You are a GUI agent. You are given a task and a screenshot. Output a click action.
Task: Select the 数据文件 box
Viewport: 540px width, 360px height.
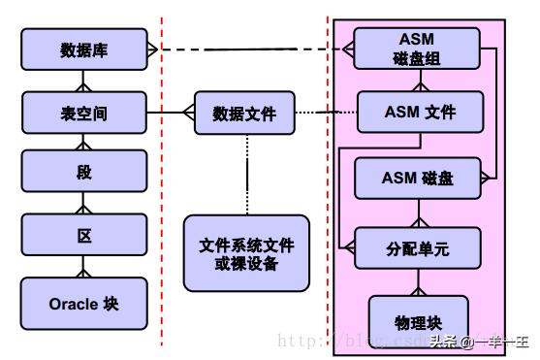[244, 114]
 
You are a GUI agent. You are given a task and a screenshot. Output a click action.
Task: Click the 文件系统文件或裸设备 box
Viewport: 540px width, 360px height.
[246, 252]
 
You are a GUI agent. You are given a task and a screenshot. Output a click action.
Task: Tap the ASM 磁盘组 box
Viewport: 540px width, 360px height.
[416, 48]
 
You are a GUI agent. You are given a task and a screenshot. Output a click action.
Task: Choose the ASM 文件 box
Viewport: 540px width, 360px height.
[419, 112]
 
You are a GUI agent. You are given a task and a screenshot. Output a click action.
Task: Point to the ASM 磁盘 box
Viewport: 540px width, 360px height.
[418, 178]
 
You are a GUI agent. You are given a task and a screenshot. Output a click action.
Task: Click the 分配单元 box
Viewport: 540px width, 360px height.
[417, 247]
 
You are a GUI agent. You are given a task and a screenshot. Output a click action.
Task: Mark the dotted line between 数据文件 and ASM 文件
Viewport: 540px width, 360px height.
[321, 113]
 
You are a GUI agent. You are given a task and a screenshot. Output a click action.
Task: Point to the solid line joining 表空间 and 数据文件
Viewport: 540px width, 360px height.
[171, 113]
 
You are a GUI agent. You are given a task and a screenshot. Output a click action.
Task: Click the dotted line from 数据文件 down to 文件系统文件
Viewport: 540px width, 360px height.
[246, 174]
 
